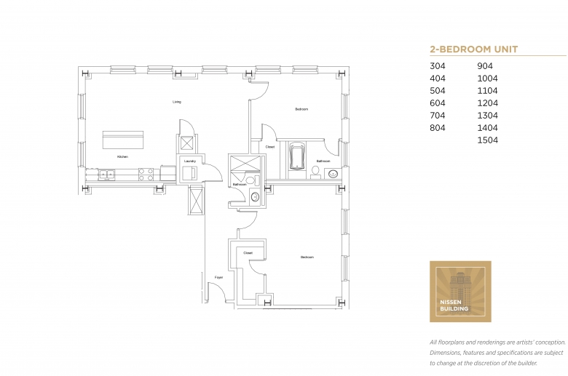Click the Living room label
click(x=177, y=102)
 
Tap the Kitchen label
click(x=123, y=156)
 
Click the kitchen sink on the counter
click(x=106, y=174)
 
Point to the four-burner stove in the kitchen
click(x=146, y=175)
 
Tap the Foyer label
click(x=218, y=277)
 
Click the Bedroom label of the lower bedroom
click(x=307, y=257)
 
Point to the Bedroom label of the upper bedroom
click(x=301, y=109)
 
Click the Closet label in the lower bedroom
click(x=248, y=253)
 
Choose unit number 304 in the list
click(x=438, y=66)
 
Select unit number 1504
click(x=487, y=140)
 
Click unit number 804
click(x=438, y=127)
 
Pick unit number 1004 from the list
click(x=487, y=79)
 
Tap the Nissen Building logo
click(x=460, y=292)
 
